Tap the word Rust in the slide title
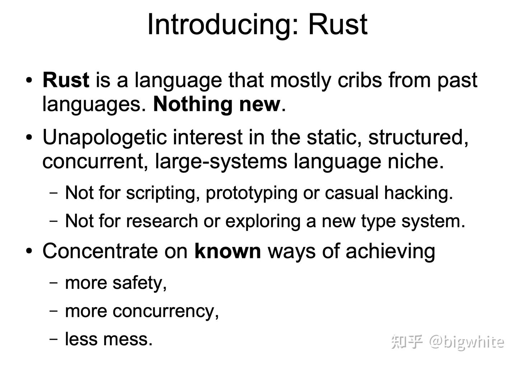pos(337,24)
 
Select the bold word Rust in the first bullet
pos(66,80)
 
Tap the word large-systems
pos(221,161)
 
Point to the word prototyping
pos(251,193)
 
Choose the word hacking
pos(418,193)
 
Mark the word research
pos(162,221)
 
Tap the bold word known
pos(228,251)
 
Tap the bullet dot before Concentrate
pos(29,251)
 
